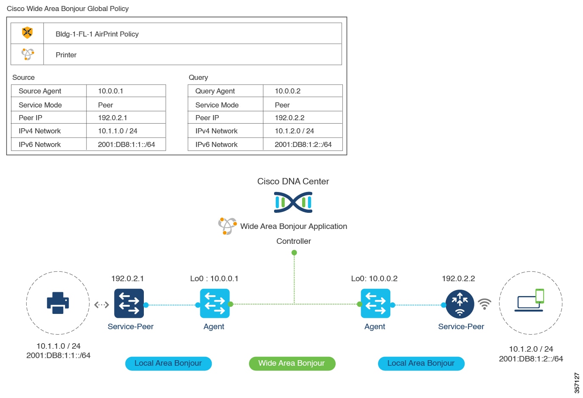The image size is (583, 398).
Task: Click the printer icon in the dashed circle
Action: (x=58, y=303)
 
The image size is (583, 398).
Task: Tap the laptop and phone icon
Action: (x=530, y=301)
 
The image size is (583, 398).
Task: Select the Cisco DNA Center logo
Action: (x=293, y=202)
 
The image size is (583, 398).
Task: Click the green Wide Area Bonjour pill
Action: (x=292, y=364)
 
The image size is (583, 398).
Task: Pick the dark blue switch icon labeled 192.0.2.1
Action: (x=129, y=303)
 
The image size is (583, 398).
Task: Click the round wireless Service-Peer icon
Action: (x=460, y=304)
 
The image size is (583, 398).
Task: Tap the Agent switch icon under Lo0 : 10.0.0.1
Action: (x=215, y=303)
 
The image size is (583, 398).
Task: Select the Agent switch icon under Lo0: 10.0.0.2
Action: (x=376, y=303)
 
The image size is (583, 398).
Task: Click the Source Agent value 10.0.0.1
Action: (x=111, y=91)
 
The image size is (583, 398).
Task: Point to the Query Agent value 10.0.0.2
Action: (x=288, y=91)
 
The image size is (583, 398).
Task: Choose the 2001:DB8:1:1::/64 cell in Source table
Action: (x=126, y=144)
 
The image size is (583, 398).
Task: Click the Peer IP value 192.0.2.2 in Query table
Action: (x=290, y=118)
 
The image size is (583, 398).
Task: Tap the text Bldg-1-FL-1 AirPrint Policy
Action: (x=97, y=34)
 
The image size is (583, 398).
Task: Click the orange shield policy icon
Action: (x=27, y=33)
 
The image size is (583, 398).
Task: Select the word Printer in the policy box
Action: (x=66, y=55)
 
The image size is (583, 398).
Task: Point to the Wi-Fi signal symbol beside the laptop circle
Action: (x=485, y=304)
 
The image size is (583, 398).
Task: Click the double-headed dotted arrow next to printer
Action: (x=102, y=305)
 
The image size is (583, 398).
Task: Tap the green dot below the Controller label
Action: (x=294, y=253)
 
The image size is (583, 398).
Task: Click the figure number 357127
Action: (x=577, y=383)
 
